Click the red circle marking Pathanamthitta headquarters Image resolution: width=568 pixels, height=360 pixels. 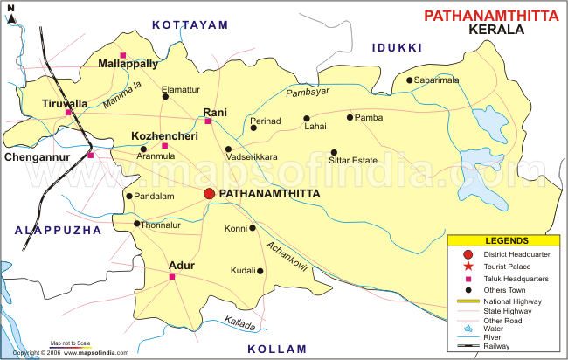210,193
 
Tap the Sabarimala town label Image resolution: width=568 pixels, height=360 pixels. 440,80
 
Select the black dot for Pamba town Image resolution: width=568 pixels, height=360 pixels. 350,117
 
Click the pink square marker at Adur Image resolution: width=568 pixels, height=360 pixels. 172,277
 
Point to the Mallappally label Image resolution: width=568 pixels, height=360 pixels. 128,65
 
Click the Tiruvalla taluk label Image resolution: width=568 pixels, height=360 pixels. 65,103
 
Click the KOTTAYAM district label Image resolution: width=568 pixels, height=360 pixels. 190,25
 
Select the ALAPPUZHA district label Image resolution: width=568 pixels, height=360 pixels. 59,230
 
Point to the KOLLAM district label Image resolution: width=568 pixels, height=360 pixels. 276,349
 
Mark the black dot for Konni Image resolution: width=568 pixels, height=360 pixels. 253,228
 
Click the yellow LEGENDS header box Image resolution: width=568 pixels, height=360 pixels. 502,240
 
